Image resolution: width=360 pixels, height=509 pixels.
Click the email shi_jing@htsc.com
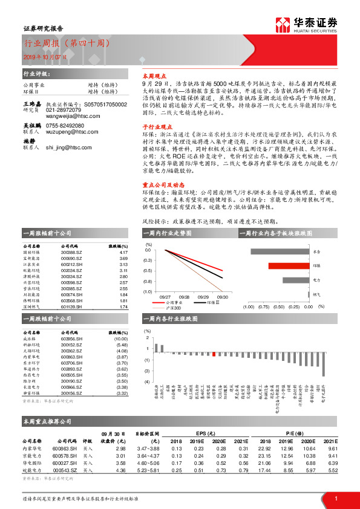click(x=69, y=163)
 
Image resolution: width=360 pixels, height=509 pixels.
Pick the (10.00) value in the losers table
click(x=121, y=339)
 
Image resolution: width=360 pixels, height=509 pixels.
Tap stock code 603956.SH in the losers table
click(x=72, y=339)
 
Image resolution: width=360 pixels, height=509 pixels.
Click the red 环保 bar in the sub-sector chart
click(x=284, y=265)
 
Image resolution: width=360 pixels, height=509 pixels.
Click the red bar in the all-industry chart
click(x=214, y=355)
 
